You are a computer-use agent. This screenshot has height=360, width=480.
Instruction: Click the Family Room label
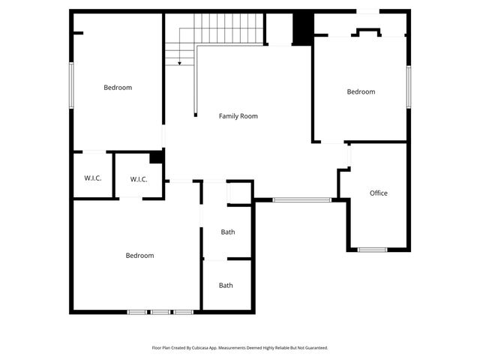click(x=238, y=116)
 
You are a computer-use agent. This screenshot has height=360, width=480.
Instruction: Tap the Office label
click(x=379, y=193)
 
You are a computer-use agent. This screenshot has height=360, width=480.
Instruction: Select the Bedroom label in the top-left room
click(x=118, y=88)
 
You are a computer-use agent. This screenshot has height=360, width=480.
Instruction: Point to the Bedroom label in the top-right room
click(x=361, y=92)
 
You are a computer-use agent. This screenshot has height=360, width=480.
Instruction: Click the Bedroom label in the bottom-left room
click(x=139, y=256)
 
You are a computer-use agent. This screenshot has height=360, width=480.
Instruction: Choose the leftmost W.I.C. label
click(x=92, y=178)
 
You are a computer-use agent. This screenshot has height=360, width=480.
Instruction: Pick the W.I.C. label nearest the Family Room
click(x=139, y=179)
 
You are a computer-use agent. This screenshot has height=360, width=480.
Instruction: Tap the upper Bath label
click(x=227, y=232)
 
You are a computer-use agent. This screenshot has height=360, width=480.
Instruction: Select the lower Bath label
click(x=226, y=286)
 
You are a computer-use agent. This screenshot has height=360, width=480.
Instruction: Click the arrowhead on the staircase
click(x=179, y=64)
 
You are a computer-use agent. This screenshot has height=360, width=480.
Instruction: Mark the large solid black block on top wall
click(x=302, y=29)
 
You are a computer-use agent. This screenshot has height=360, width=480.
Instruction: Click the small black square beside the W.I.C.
click(x=156, y=157)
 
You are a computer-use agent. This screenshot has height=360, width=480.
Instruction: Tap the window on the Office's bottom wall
click(x=372, y=250)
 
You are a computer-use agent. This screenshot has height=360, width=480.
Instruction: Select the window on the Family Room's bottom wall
click(x=301, y=199)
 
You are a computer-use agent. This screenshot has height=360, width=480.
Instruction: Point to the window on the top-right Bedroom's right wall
click(x=409, y=86)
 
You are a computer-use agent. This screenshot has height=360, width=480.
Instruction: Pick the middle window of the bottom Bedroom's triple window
click(x=160, y=312)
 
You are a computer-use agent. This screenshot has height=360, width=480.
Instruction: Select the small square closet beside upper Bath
click(x=239, y=193)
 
